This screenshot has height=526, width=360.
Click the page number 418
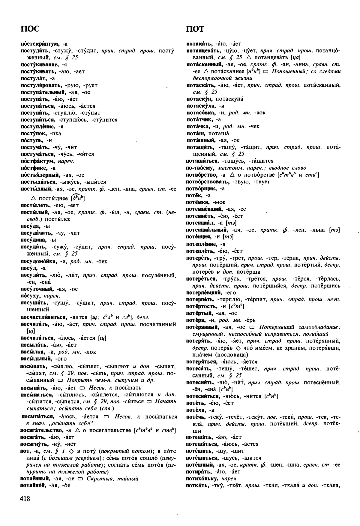[x=25, y=498]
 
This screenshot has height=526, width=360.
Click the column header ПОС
[x=30, y=29]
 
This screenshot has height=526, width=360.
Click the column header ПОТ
[x=195, y=29]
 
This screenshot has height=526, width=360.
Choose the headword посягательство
[x=41, y=431]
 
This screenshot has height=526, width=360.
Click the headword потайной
[x=33, y=485]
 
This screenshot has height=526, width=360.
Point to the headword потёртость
[x=202, y=306]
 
